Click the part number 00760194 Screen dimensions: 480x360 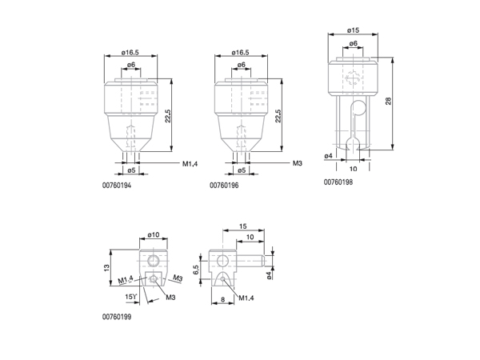point(117,186)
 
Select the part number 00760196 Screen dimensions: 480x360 point(224,186)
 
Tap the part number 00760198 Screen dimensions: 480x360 point(338,182)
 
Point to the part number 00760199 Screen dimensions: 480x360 point(117,317)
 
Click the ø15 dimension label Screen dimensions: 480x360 point(353,30)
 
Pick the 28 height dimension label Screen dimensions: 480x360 point(388,101)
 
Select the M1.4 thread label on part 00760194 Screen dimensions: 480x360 point(190,164)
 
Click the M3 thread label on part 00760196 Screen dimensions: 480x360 point(298,163)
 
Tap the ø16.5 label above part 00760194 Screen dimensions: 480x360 point(130,53)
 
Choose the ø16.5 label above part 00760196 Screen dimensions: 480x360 point(240,53)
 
